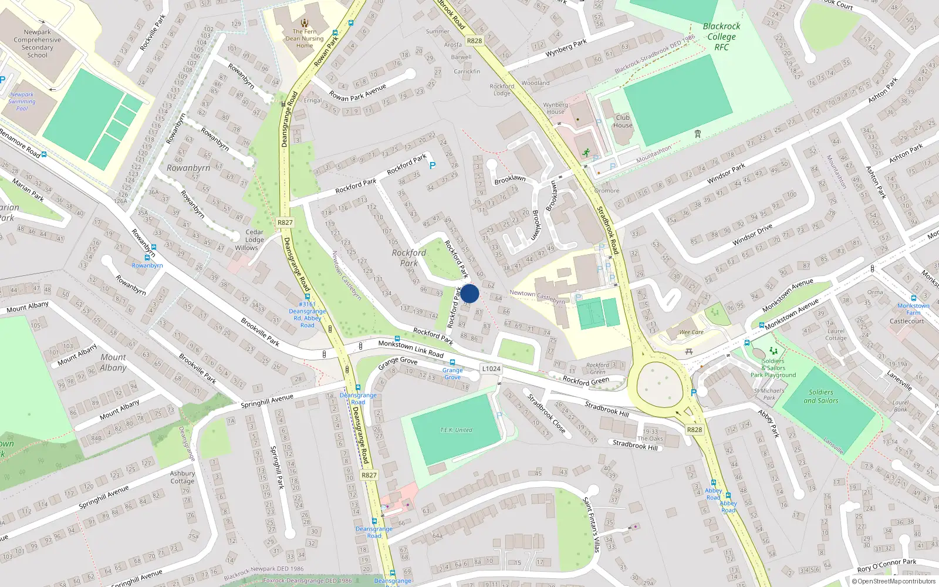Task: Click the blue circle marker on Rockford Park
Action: pyautogui.click(x=469, y=293)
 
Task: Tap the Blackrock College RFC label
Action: pyautogui.click(x=721, y=36)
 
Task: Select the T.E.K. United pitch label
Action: pyautogui.click(x=456, y=430)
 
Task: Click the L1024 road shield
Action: pyautogui.click(x=491, y=369)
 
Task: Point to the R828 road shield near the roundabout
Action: pyautogui.click(x=694, y=430)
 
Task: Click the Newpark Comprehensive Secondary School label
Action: pyautogui.click(x=37, y=43)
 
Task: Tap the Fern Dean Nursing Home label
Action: pyautogui.click(x=305, y=39)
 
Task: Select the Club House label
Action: pyautogui.click(x=623, y=121)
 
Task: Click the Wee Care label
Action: pyautogui.click(x=691, y=332)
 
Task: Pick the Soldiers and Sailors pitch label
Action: pyautogui.click(x=820, y=396)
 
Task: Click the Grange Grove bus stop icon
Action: pyautogui.click(x=452, y=363)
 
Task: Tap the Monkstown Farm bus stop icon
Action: pyautogui.click(x=914, y=298)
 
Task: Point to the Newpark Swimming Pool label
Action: pyautogui.click(x=22, y=101)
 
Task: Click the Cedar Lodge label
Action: pyautogui.click(x=254, y=235)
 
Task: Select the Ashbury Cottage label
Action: pyautogui.click(x=182, y=477)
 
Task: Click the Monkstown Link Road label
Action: pyautogui.click(x=411, y=349)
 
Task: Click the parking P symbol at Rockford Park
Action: pyautogui.click(x=433, y=166)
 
